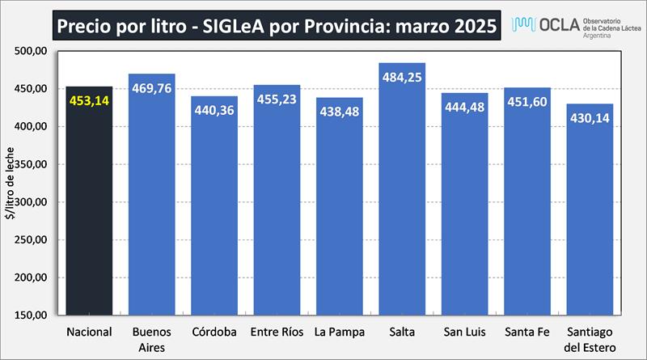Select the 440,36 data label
click(214, 110)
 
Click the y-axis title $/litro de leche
click(11, 184)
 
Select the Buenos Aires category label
click(151, 338)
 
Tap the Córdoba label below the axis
click(214, 332)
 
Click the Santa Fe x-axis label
click(526, 332)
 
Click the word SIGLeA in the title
click(242, 26)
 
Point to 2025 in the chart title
click(469, 26)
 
